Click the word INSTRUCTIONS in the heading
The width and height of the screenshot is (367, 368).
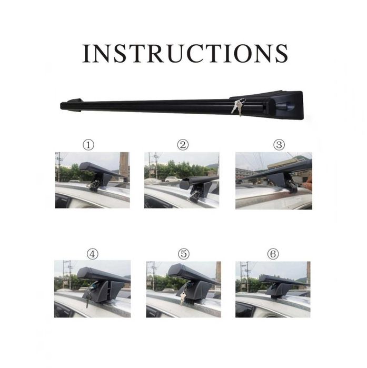pyautogui.click(x=185, y=53)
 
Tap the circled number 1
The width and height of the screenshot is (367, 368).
pyautogui.click(x=88, y=145)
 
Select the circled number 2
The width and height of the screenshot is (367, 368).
pyautogui.click(x=183, y=145)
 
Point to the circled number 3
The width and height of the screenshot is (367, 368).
pyautogui.click(x=279, y=145)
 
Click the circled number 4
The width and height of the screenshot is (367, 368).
pyautogui.click(x=92, y=254)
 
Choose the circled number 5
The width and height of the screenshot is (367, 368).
pyautogui.click(x=183, y=254)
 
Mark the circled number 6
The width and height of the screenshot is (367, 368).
pyautogui.click(x=273, y=254)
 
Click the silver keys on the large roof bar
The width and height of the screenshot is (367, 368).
pyautogui.click(x=237, y=107)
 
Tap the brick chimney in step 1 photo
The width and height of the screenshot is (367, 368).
pyautogui.click(x=124, y=165)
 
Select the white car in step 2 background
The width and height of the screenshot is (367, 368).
pyautogui.click(x=173, y=179)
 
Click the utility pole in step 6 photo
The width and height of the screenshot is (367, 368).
pyautogui.click(x=247, y=276)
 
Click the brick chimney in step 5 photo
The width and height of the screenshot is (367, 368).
pyautogui.click(x=218, y=272)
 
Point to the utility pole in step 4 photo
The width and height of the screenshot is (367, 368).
pyautogui.click(x=70, y=275)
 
